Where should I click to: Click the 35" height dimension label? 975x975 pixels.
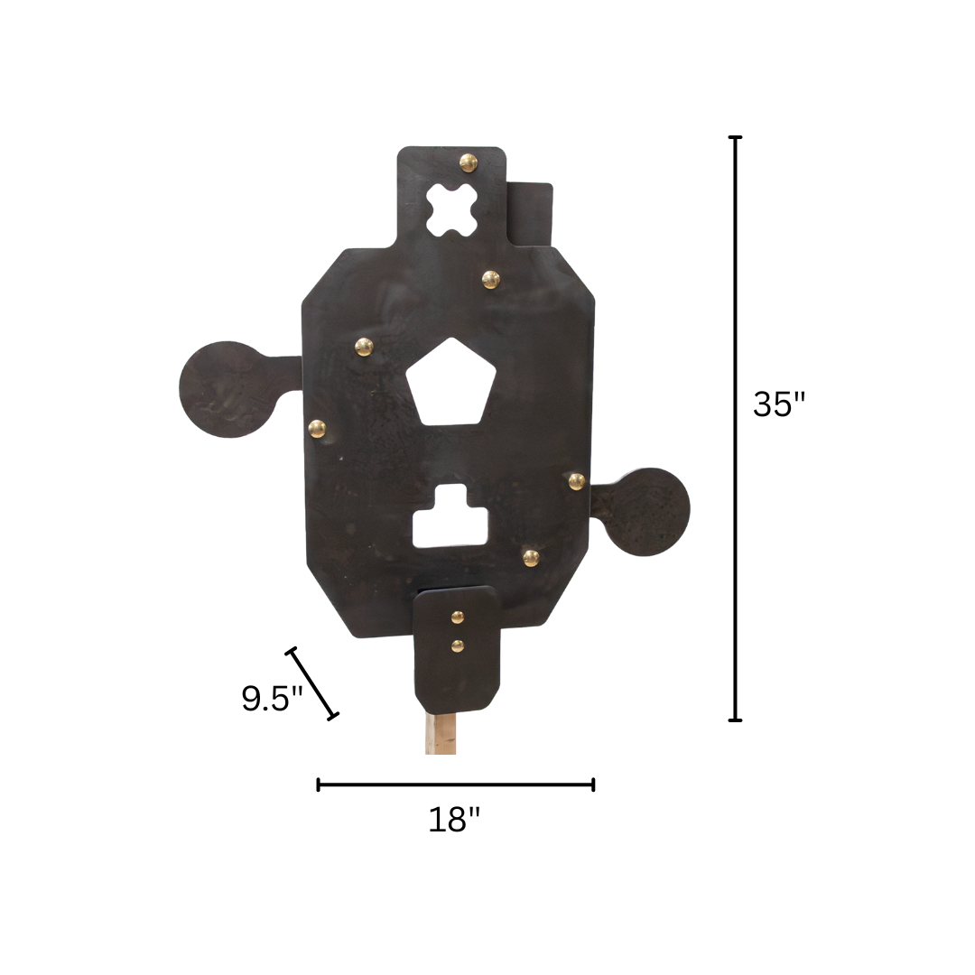point(778,404)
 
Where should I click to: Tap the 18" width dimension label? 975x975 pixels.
point(454,820)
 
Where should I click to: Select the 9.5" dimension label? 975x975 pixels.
point(272,698)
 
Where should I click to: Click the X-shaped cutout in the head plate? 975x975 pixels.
point(452,210)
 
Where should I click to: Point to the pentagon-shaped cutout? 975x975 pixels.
point(450,382)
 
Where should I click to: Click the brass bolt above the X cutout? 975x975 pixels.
point(469,162)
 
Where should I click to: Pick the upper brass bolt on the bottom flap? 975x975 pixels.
point(458,617)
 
